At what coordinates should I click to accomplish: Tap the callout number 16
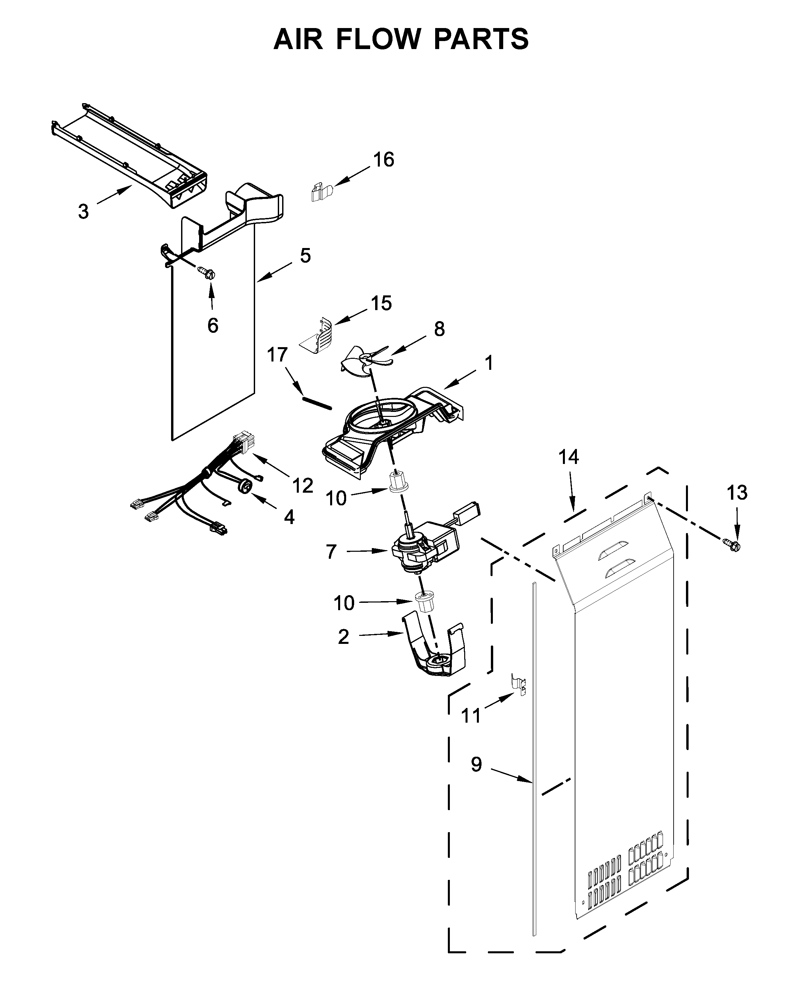383,160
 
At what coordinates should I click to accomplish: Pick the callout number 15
381,303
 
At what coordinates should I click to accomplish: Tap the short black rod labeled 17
316,403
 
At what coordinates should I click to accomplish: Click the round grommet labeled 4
245,486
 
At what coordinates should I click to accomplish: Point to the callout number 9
476,764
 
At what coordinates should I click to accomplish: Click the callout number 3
83,212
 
